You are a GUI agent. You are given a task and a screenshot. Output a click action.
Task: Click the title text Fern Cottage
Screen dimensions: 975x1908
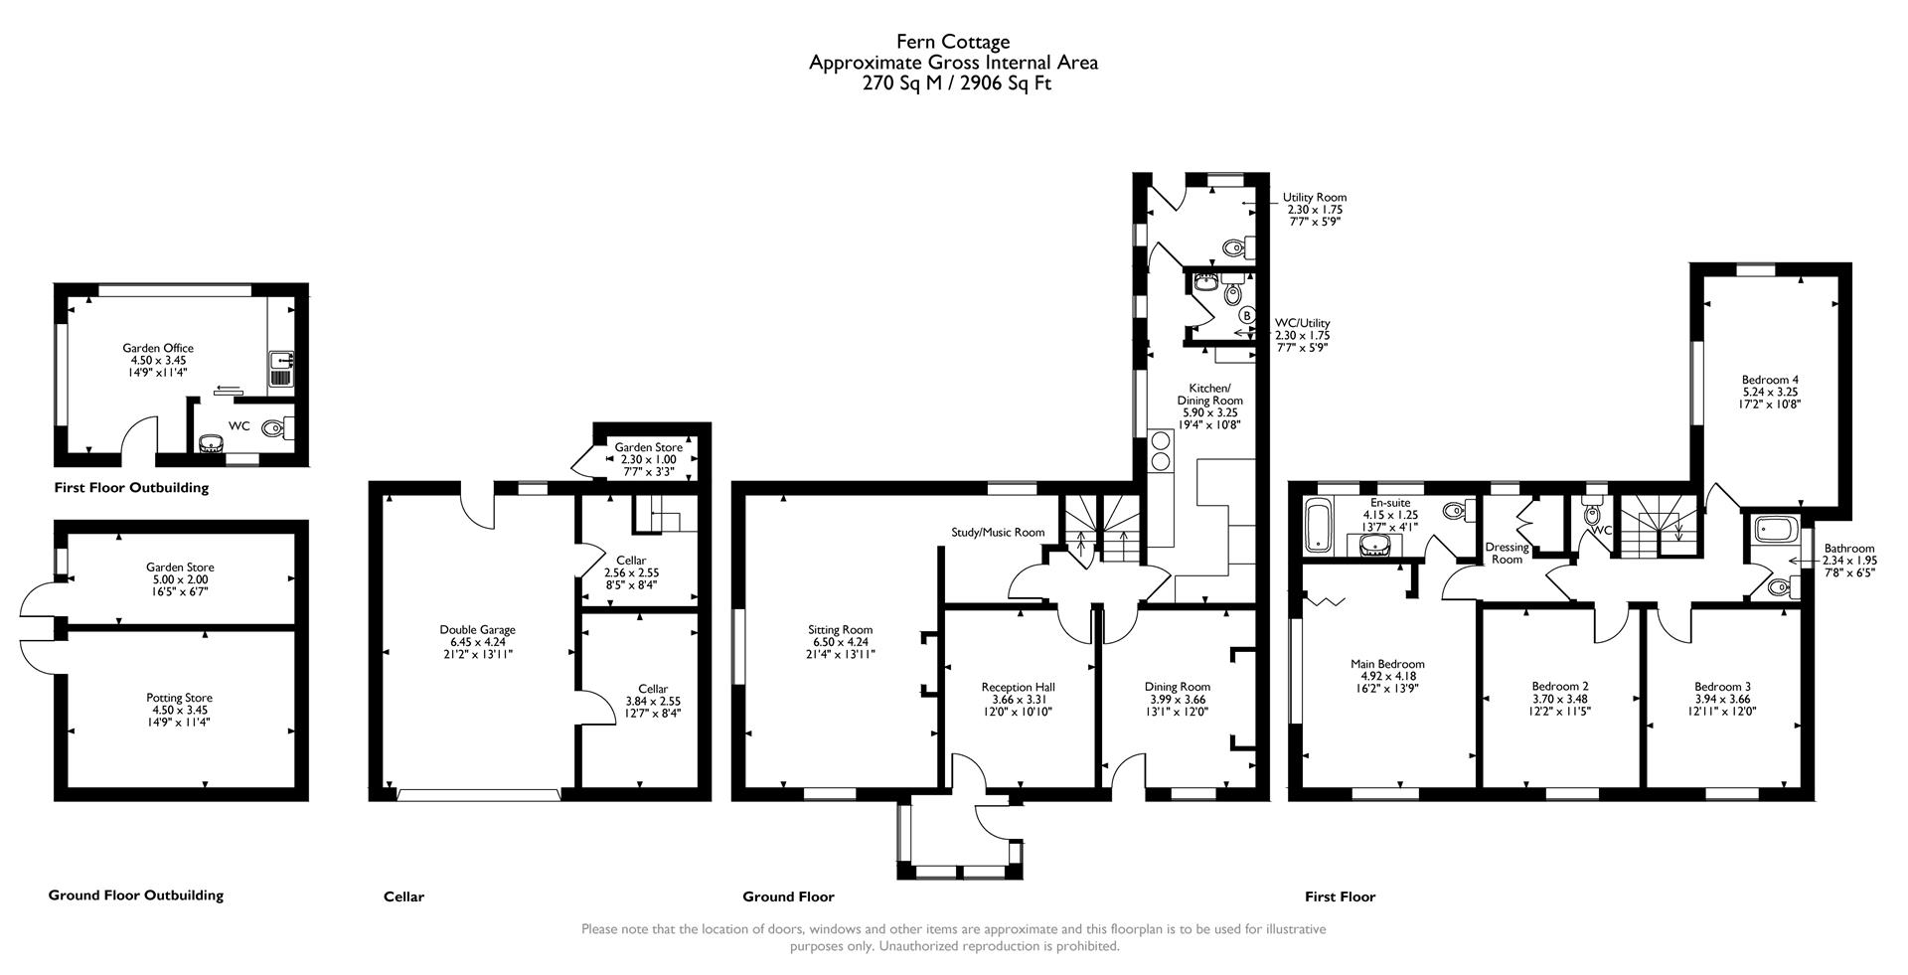tap(953, 42)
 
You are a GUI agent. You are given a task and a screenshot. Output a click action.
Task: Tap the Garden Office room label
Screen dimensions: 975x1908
tap(158, 348)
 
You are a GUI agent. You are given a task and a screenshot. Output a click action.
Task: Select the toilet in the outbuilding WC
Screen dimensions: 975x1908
tap(274, 429)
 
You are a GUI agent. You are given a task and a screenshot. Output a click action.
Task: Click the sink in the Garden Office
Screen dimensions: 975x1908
tap(278, 369)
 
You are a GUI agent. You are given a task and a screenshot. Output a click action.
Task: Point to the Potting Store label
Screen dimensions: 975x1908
tap(179, 698)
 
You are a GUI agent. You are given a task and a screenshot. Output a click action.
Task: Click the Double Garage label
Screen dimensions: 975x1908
tap(477, 629)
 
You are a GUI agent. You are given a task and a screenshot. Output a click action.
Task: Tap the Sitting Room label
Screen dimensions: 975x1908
tap(840, 629)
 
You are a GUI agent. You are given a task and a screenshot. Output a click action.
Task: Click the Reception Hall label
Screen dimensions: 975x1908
tap(1018, 687)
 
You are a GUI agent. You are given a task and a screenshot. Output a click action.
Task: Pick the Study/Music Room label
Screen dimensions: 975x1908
tap(998, 533)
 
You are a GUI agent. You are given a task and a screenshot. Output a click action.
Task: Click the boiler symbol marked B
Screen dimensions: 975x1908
tap(1246, 315)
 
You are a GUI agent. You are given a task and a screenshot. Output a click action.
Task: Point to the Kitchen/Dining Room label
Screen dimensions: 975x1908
tap(1209, 394)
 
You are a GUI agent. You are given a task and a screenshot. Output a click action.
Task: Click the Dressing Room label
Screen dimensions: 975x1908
tap(1507, 554)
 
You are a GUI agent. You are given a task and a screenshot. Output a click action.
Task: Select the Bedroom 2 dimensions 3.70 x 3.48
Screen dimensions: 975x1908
tap(1559, 699)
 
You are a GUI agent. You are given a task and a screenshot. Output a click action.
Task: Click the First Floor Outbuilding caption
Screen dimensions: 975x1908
tap(131, 488)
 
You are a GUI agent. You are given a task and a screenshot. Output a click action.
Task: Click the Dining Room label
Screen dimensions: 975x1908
tap(1177, 687)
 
